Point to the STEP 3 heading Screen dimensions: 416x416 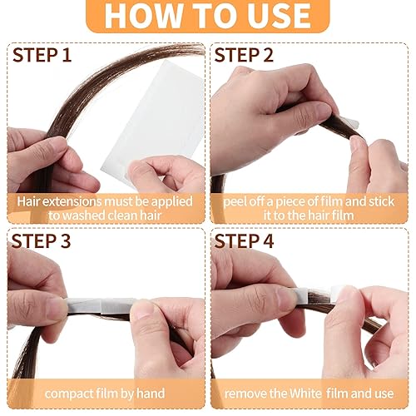tap(42, 241)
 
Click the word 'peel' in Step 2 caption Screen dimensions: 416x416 tap(237, 201)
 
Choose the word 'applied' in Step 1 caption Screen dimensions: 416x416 tap(167, 201)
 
